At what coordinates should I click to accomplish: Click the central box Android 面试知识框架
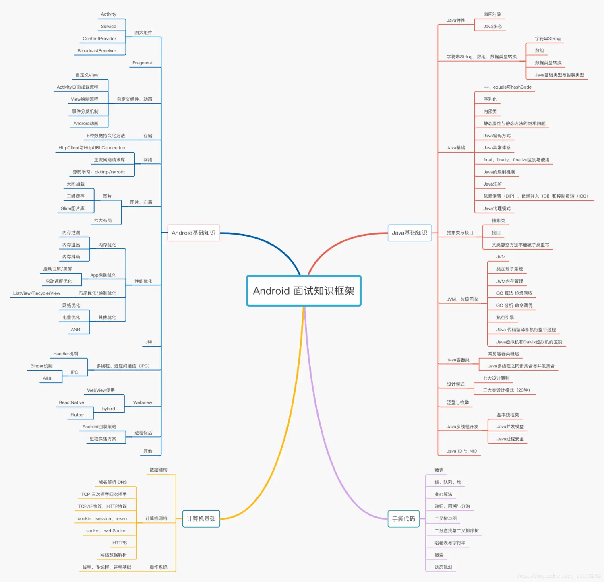pyautogui.click(x=304, y=291)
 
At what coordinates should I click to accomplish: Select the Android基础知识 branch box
pyautogui.click(x=193, y=233)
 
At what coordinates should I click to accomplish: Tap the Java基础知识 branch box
pyautogui.click(x=410, y=233)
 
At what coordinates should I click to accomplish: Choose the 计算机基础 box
pyautogui.click(x=201, y=519)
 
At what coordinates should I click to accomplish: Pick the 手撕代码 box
pyautogui.click(x=403, y=519)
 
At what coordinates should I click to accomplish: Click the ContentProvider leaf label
pyautogui.click(x=99, y=39)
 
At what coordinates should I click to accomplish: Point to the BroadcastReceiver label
pyautogui.click(x=97, y=51)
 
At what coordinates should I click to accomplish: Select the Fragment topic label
pyautogui.click(x=142, y=63)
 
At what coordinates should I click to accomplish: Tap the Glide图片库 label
pyautogui.click(x=72, y=208)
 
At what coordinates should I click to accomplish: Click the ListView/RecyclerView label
pyautogui.click(x=37, y=293)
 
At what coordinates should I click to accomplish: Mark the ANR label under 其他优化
pyautogui.click(x=75, y=330)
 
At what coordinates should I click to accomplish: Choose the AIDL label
pyautogui.click(x=48, y=378)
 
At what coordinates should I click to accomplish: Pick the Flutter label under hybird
pyautogui.click(x=77, y=415)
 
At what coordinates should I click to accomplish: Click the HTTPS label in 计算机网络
pyautogui.click(x=120, y=543)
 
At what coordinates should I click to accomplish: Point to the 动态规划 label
pyautogui.click(x=443, y=568)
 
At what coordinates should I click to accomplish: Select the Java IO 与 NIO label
pyautogui.click(x=462, y=451)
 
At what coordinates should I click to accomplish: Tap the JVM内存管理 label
pyautogui.click(x=510, y=281)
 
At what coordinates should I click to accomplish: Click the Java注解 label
pyautogui.click(x=492, y=184)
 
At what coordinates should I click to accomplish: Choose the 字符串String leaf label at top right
pyautogui.click(x=548, y=39)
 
